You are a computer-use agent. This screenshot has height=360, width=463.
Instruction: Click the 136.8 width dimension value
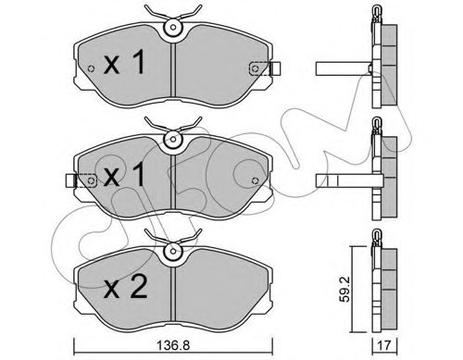click(173, 345)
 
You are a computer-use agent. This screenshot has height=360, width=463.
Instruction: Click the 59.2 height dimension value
click(344, 289)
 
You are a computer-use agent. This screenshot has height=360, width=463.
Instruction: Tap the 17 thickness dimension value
click(384, 345)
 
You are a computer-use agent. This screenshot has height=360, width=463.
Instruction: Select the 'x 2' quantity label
click(125, 287)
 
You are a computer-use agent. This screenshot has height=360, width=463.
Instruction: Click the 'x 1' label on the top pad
click(124, 62)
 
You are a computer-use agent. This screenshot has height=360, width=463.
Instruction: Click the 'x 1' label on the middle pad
click(124, 175)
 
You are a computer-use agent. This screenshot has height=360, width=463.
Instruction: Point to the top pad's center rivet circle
click(173, 27)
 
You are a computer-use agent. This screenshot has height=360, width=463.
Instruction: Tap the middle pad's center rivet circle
click(173, 140)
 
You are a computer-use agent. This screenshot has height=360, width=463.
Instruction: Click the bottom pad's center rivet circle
click(173, 252)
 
